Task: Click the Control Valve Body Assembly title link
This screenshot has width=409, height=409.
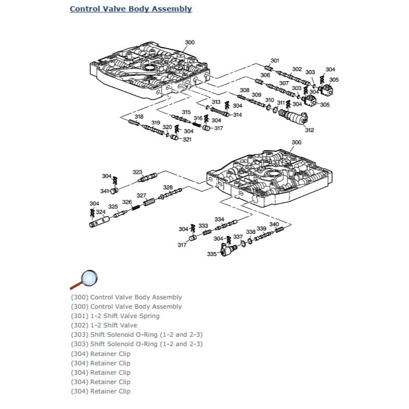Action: click(130, 9)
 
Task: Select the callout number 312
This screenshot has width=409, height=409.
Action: click(309, 130)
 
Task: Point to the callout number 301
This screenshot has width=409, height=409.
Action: click(275, 61)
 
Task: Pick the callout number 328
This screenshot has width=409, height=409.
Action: click(168, 187)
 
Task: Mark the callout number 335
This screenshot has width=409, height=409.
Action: click(212, 254)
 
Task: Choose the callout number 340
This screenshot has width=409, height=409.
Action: click(274, 225)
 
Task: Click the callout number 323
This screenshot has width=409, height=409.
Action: click(137, 172)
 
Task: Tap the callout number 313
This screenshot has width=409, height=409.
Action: click(216, 102)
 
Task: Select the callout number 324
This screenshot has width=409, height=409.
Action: click(100, 212)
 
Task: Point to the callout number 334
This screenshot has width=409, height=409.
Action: click(219, 219)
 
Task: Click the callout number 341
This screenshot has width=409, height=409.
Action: click(105, 191)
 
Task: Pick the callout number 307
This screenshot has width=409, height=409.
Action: click(284, 83)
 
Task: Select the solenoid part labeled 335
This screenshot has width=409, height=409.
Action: click(225, 252)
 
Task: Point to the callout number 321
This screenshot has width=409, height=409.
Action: click(187, 139)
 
